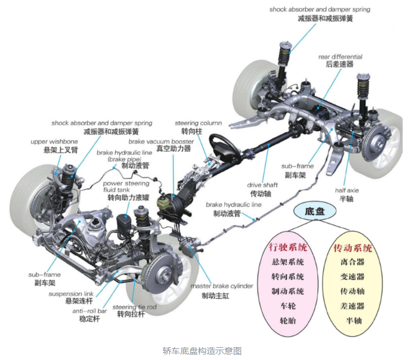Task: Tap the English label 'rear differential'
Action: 340,57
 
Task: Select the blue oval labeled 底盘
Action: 315,211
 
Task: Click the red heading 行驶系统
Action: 288,247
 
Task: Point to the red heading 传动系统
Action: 352,247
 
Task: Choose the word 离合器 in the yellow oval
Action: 352,261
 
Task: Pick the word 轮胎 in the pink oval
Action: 288,320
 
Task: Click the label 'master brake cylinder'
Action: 222,286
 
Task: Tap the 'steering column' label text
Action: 198,123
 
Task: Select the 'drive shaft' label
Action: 263,185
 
